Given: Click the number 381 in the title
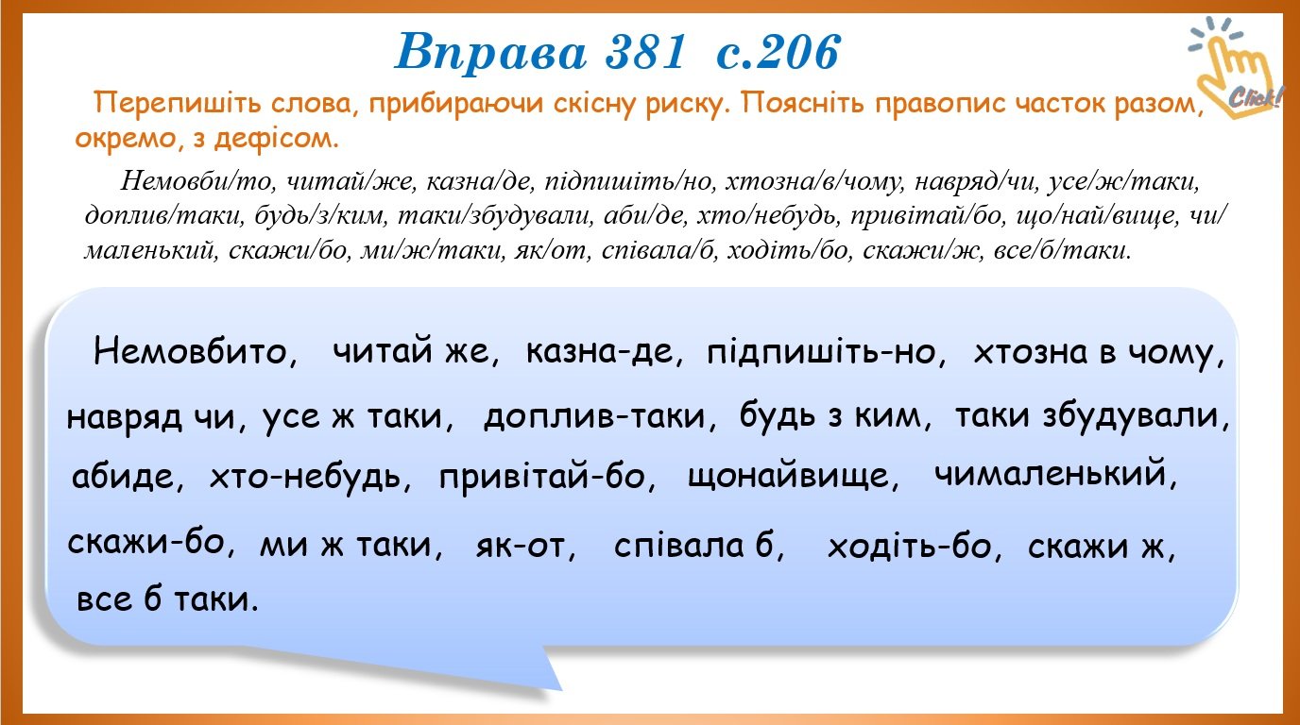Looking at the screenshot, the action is [x=645, y=52].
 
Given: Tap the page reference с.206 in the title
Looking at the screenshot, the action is [x=778, y=52].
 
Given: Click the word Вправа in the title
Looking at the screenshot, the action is [x=491, y=53].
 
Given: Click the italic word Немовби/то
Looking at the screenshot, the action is [x=197, y=181].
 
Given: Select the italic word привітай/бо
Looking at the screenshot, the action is [x=927, y=216].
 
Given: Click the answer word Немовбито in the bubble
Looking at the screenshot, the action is [x=195, y=351].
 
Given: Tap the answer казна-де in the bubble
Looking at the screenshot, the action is [x=604, y=351].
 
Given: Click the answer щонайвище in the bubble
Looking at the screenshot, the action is [x=793, y=477].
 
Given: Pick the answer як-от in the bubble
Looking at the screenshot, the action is [x=525, y=546].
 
